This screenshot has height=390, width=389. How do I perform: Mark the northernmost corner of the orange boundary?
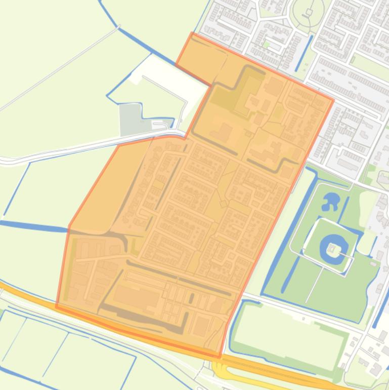[x=192, y=33]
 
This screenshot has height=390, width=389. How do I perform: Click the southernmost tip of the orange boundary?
[x=220, y=357]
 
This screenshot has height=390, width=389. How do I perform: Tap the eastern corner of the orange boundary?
[x=333, y=100]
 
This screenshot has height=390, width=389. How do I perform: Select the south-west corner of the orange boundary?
[x=56, y=306]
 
